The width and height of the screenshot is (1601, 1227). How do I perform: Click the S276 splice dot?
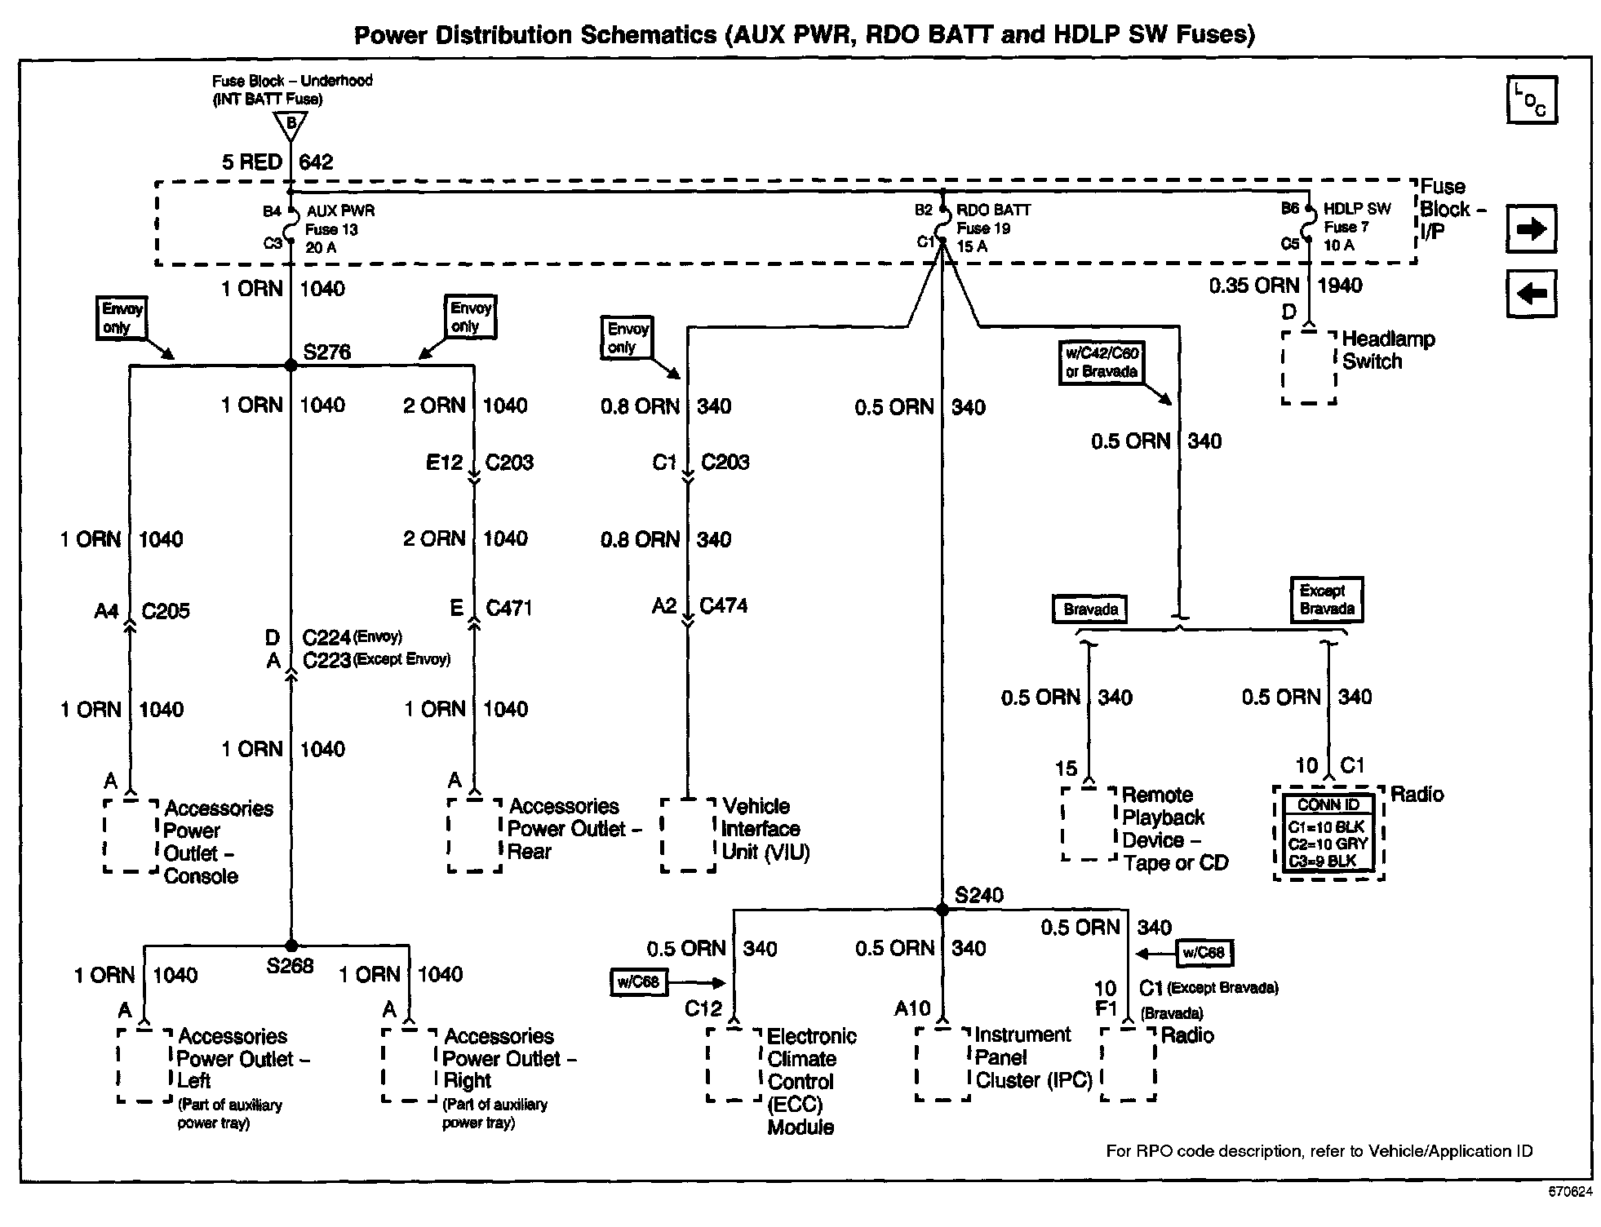click(x=290, y=365)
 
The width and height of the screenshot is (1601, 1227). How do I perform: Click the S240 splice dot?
click(x=942, y=910)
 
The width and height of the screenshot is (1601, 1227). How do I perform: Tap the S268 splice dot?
click(x=290, y=946)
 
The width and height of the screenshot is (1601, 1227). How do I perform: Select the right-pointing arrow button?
click(x=1531, y=229)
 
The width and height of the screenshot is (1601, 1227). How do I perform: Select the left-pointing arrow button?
click(x=1531, y=293)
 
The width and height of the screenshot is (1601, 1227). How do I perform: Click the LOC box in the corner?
click(x=1531, y=100)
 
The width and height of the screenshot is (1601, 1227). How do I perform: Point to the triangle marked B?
click(x=290, y=125)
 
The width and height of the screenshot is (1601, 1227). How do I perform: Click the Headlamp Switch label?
click(x=1388, y=350)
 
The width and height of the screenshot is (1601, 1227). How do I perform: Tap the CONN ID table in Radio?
click(x=1328, y=833)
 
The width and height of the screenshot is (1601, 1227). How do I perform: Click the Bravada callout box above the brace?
click(x=1090, y=609)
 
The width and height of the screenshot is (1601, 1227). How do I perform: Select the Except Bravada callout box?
click(x=1327, y=600)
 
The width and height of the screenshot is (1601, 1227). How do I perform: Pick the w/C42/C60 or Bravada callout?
click(x=1102, y=362)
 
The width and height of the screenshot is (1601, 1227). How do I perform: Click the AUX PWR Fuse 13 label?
click(x=339, y=229)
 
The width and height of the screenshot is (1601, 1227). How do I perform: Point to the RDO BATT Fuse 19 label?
click(x=992, y=228)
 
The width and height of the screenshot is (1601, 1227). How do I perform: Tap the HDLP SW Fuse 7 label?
click(x=1356, y=227)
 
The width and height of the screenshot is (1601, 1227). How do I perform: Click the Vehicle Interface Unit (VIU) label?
click(x=765, y=829)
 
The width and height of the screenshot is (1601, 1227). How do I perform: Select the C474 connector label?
click(x=723, y=605)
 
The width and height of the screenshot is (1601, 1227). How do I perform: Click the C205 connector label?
click(x=165, y=611)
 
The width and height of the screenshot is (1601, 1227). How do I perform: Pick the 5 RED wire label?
click(x=252, y=162)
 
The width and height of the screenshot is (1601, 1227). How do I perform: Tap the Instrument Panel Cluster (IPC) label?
click(x=1033, y=1057)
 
